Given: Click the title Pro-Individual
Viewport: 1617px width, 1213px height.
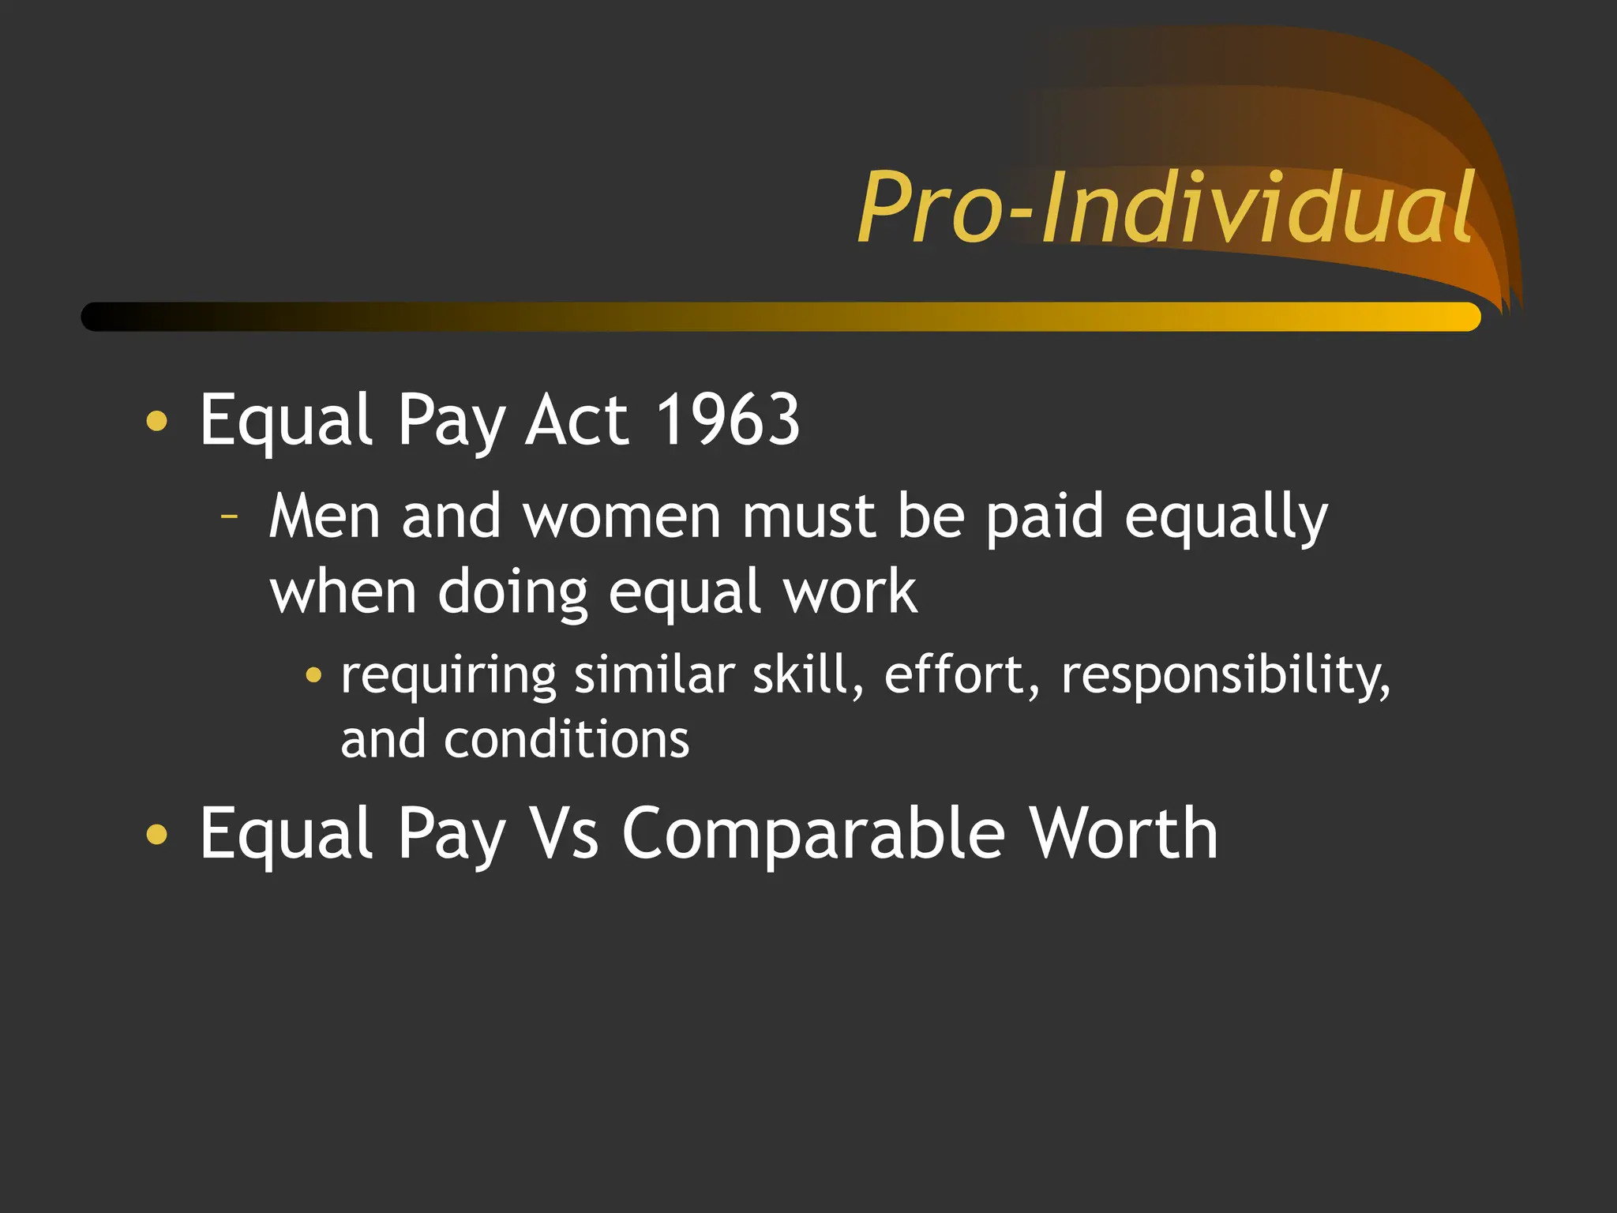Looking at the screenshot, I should (1165, 208).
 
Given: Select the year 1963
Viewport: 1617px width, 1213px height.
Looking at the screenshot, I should (728, 420).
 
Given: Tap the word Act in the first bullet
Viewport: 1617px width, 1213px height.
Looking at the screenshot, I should (577, 420).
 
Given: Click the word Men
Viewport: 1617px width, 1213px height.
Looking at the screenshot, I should (325, 517).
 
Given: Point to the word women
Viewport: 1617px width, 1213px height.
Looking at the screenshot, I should (621, 517).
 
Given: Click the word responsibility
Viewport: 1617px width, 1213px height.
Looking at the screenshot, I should (1225, 678).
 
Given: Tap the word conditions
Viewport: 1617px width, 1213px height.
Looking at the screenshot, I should (566, 740).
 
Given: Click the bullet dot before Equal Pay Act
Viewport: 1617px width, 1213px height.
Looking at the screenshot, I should (157, 421).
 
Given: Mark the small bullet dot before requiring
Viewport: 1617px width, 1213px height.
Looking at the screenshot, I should (313, 675).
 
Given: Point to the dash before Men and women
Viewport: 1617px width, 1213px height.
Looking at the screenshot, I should (229, 517).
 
